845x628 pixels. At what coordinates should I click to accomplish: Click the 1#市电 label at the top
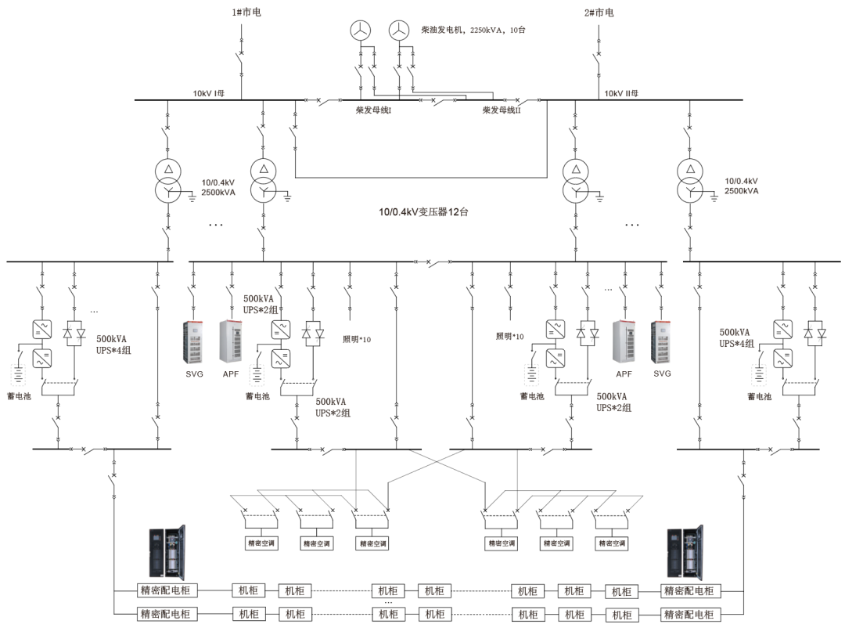tap(240, 13)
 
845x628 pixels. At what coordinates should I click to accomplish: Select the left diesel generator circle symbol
tap(360, 30)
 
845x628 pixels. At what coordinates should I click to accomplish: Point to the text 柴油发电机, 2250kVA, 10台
tap(472, 29)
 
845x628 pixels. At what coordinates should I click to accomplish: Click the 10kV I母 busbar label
tap(209, 93)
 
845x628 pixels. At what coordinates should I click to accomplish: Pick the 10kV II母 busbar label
tap(622, 93)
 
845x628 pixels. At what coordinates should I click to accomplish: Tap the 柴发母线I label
tap(373, 110)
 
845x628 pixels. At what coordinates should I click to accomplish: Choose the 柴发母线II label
tap(502, 110)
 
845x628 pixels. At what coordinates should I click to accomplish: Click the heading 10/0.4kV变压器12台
tap(423, 211)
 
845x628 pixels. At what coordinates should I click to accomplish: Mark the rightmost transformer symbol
tap(689, 181)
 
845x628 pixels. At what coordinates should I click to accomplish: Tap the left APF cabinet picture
tap(231, 342)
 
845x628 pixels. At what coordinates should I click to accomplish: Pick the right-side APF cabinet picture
tap(625, 342)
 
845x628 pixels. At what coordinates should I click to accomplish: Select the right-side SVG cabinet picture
tap(662, 342)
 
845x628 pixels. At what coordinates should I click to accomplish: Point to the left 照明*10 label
tap(357, 339)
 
